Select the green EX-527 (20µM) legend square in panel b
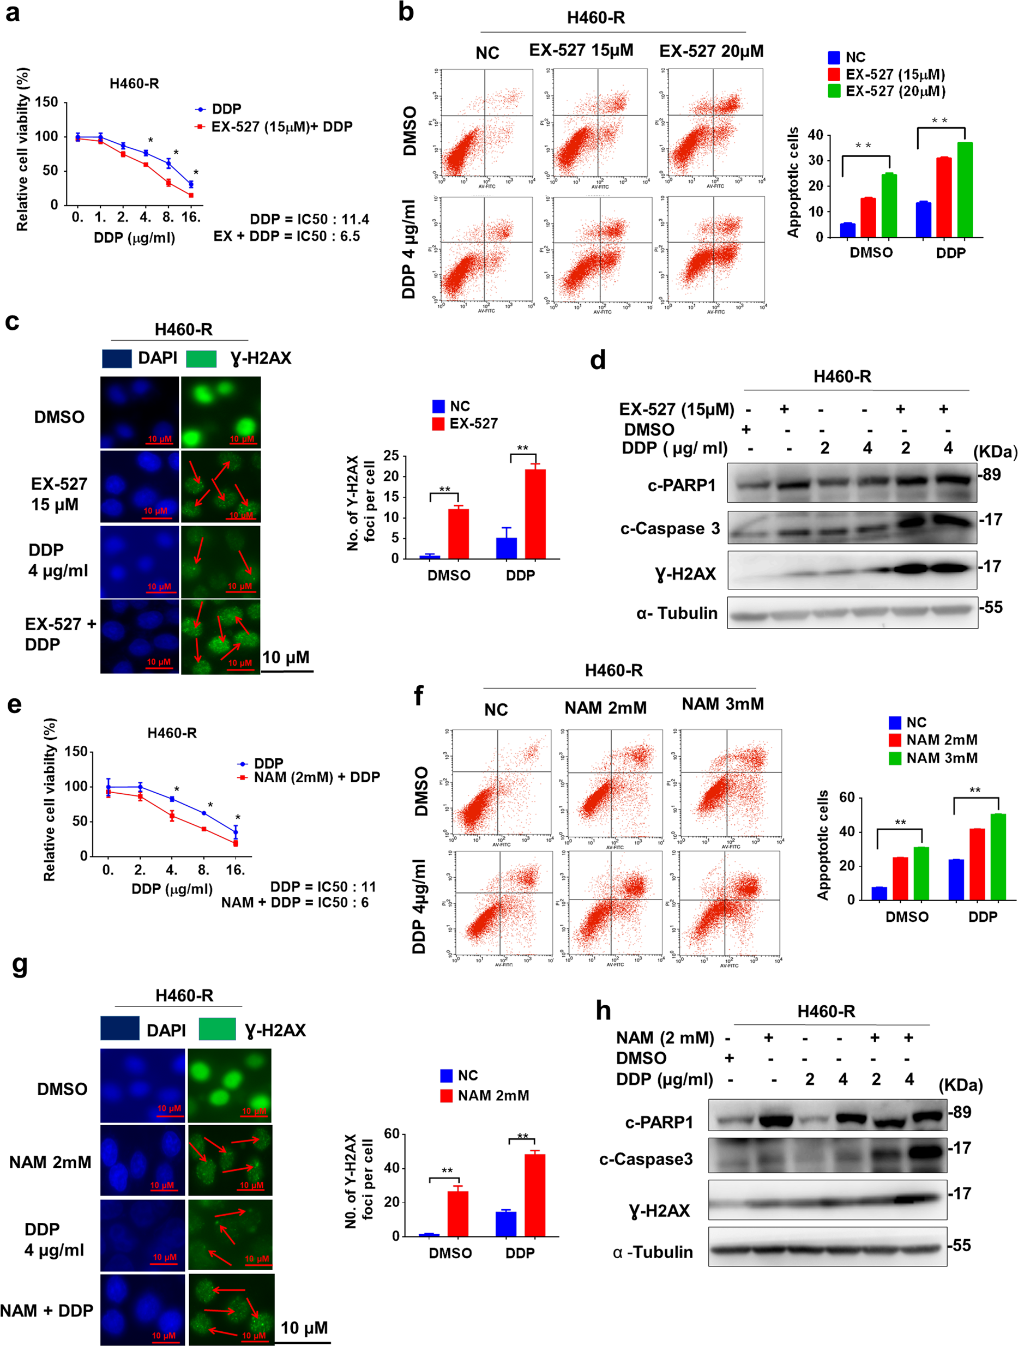[834, 91]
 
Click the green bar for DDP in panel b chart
[965, 190]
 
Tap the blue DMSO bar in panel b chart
[848, 230]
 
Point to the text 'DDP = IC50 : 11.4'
[309, 219]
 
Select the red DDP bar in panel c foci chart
[535, 514]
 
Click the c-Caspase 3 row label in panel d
[670, 529]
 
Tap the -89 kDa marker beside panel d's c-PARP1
[990, 475]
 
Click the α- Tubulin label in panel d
[677, 613]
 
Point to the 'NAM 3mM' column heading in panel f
[722, 704]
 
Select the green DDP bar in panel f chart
[998, 857]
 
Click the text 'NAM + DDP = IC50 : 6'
[294, 902]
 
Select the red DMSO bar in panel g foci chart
[457, 1214]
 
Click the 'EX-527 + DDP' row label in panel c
[59, 634]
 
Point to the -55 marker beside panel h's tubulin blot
[960, 1246]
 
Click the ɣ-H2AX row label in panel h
[660, 1211]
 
